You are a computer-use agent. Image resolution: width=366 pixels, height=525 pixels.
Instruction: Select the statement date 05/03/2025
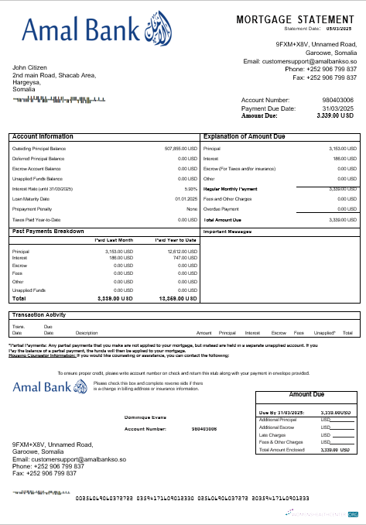point(337,29)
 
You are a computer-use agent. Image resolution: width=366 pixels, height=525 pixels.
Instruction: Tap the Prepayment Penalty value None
point(192,208)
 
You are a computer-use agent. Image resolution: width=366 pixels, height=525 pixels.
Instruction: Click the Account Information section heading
point(43,136)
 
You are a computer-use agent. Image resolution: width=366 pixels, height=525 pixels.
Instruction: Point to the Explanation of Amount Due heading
point(245,136)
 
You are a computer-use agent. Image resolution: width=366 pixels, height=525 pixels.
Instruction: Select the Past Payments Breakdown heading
point(49,231)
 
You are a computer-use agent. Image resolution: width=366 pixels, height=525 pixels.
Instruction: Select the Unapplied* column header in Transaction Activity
point(325,332)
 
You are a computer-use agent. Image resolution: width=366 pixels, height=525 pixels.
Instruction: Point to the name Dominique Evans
point(146,417)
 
